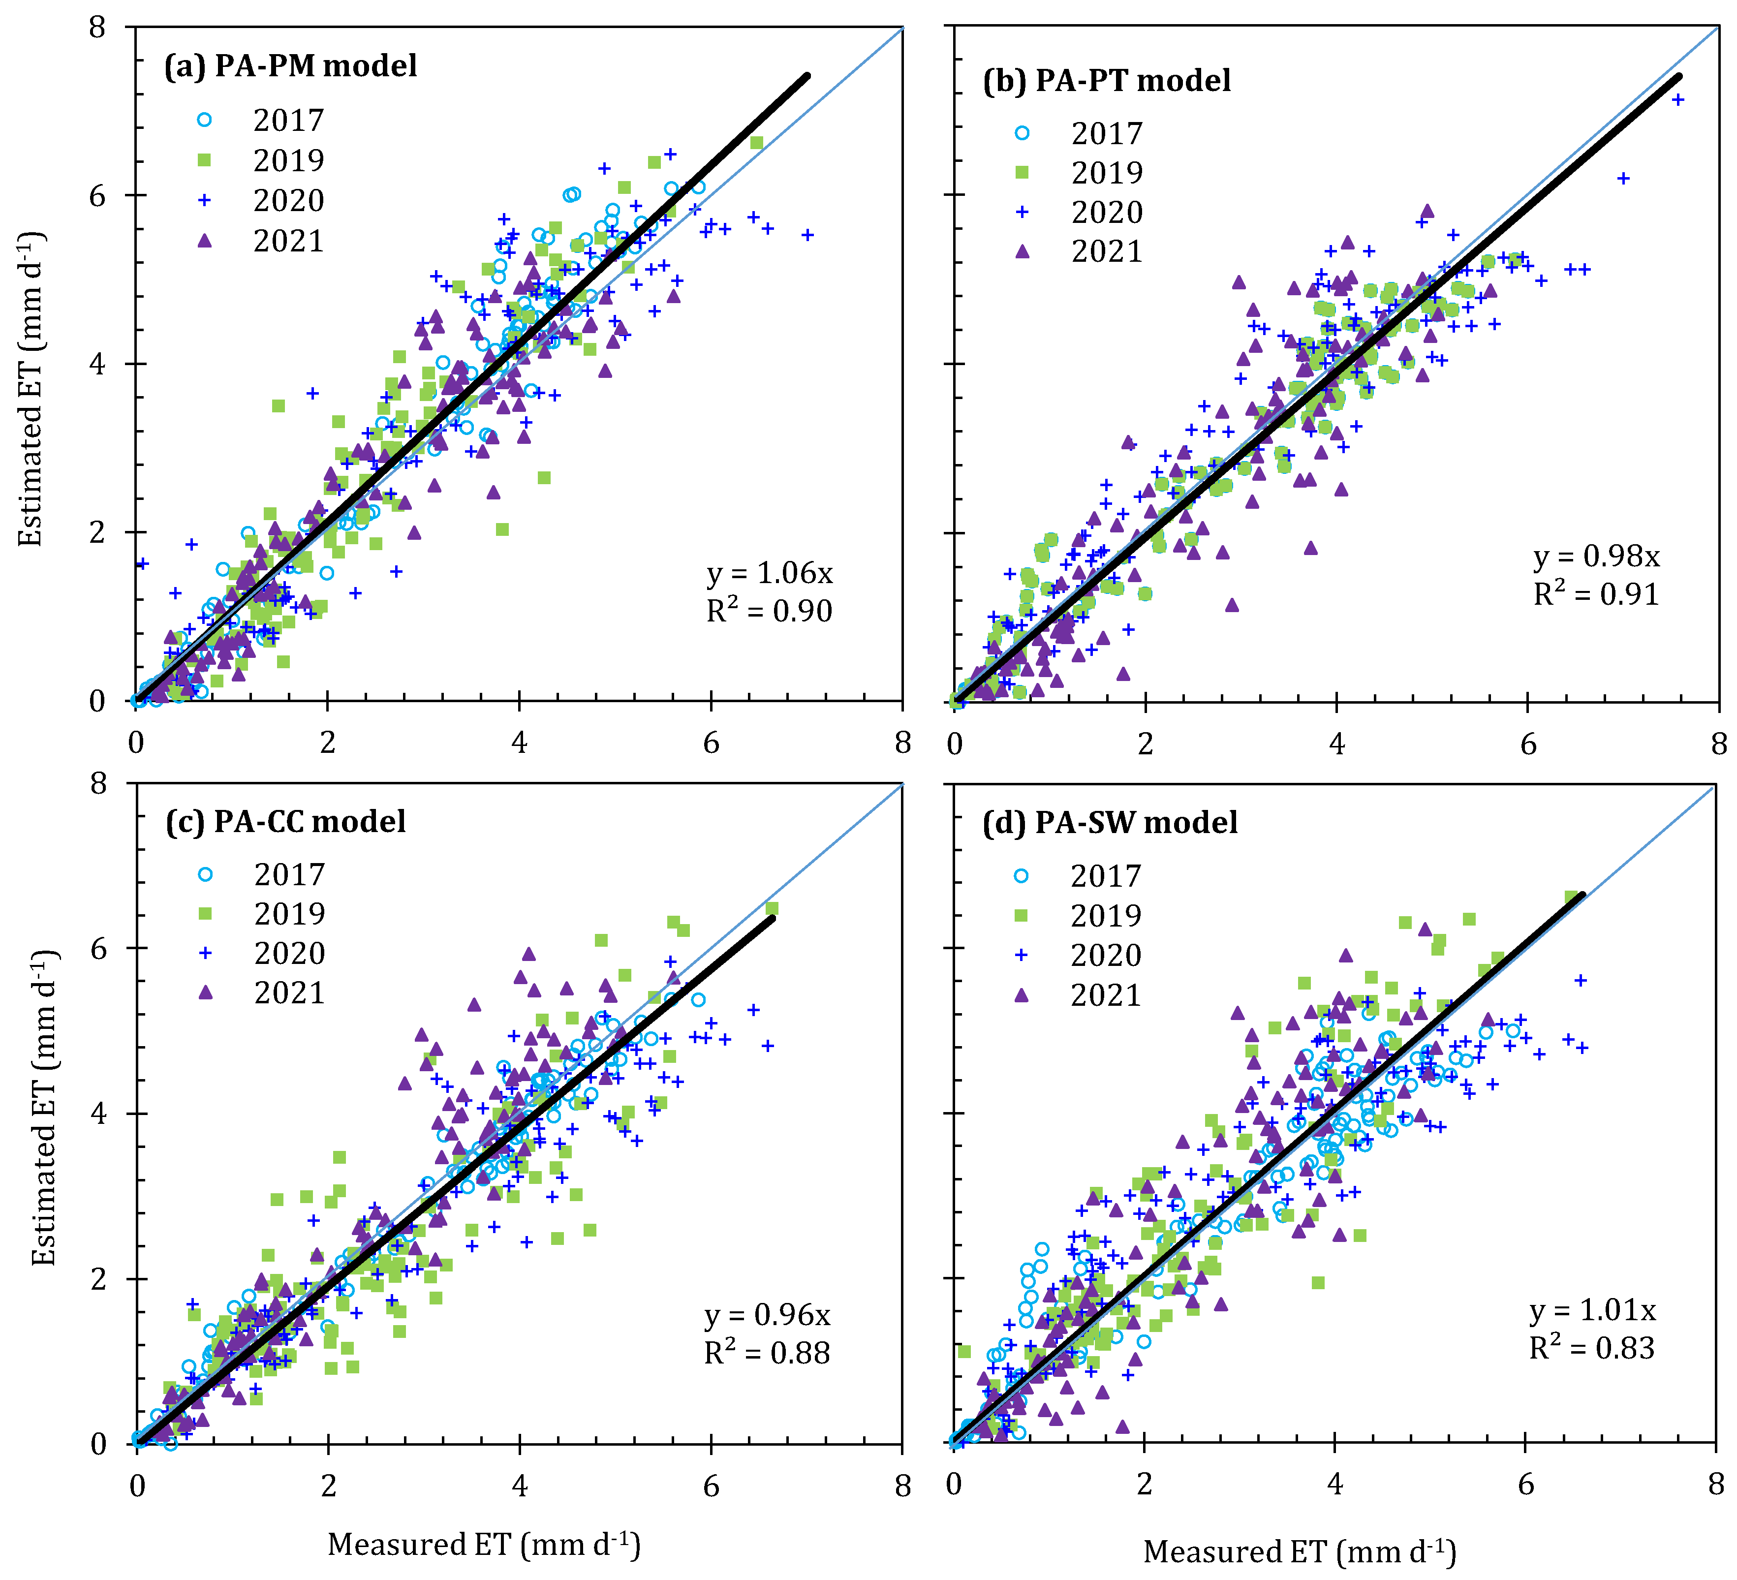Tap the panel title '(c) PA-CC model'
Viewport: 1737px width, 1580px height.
click(285, 821)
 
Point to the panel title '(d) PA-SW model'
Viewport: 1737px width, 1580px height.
click(1110, 822)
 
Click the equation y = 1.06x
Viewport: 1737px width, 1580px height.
click(770, 573)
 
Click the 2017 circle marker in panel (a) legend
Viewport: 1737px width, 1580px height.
click(204, 120)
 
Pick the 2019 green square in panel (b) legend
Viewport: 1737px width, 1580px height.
click(1022, 172)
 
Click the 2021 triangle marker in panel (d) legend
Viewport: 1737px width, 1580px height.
click(1022, 995)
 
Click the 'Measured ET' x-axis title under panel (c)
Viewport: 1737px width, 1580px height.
click(483, 1544)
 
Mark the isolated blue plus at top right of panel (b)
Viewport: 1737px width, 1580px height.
click(1677, 100)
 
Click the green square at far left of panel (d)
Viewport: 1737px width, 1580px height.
click(964, 1352)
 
